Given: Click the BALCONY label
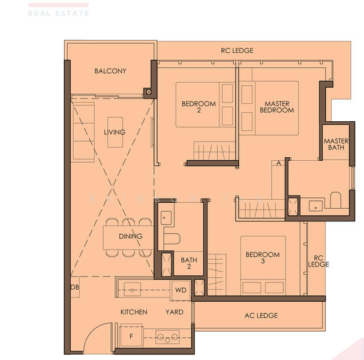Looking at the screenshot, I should coord(110,71).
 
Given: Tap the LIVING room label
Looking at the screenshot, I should coord(115,132).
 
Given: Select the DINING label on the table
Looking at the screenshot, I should coord(130,236).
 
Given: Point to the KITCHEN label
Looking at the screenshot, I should coord(134,312).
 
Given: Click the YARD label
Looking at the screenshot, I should coord(175,312).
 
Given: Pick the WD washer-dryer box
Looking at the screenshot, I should coord(181,290).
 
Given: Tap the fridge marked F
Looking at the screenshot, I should coord(131,336).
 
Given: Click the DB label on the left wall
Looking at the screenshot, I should coord(75,287).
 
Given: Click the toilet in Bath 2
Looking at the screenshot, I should coord(172,239).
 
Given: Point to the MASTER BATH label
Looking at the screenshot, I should coord(336,144).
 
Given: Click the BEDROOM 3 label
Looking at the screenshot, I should coord(263,259).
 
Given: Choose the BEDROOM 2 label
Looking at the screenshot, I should coord(198,107).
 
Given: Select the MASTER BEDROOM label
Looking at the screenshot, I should coord(277,107).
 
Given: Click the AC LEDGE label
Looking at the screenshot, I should coord(261,316).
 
